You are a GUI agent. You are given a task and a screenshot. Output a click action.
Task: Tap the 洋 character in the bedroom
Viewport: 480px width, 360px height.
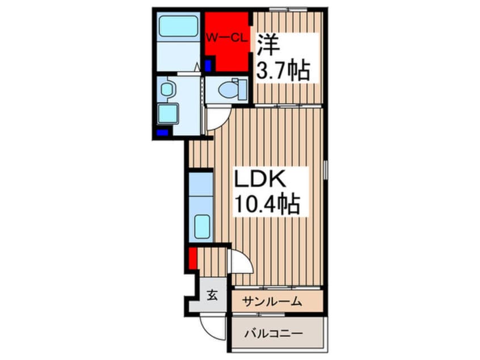[x=268, y=45]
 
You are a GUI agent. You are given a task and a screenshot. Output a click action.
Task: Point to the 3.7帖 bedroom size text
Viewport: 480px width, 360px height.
[x=283, y=71]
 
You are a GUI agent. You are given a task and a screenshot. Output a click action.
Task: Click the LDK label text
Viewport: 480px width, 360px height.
[x=260, y=179]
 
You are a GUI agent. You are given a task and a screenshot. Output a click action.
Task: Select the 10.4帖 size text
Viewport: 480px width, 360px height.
[x=267, y=204]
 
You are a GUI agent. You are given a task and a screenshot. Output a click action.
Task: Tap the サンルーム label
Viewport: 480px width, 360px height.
[x=272, y=302]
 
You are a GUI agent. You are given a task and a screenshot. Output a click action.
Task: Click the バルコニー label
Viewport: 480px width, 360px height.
[x=273, y=333]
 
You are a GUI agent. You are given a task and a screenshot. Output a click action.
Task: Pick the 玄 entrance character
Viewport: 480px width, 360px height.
[x=212, y=295]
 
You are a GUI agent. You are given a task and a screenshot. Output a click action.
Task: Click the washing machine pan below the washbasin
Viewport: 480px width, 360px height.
[x=168, y=114]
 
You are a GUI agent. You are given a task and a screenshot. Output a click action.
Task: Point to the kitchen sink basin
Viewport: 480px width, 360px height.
[x=202, y=227]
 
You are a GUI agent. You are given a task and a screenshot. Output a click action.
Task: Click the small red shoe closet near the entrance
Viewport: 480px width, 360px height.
[x=192, y=258]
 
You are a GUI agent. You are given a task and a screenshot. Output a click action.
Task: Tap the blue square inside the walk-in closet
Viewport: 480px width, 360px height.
[x=208, y=65]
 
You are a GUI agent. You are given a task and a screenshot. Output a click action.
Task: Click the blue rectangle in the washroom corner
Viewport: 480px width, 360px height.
[x=162, y=133]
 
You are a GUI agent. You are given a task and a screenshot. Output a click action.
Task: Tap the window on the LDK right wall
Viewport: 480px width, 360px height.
[x=326, y=169]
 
